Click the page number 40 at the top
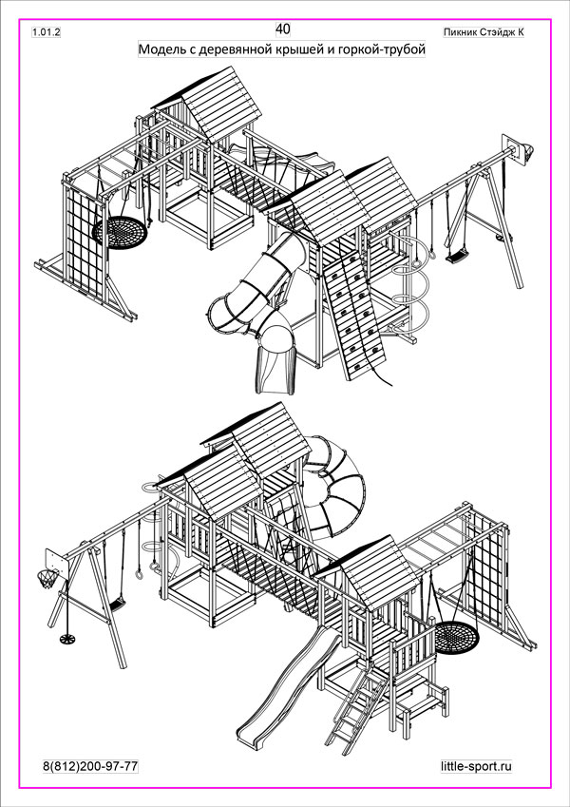coord(283,29)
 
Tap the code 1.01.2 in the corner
coord(47,32)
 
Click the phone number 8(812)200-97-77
coord(90,766)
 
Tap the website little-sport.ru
coord(476,766)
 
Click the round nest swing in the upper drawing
coord(120,233)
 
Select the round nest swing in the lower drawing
coord(456,637)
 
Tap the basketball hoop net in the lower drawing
coord(47,579)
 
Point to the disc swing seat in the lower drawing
coord(67,639)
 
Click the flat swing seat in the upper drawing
coord(457,256)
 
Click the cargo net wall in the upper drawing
coord(85,241)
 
